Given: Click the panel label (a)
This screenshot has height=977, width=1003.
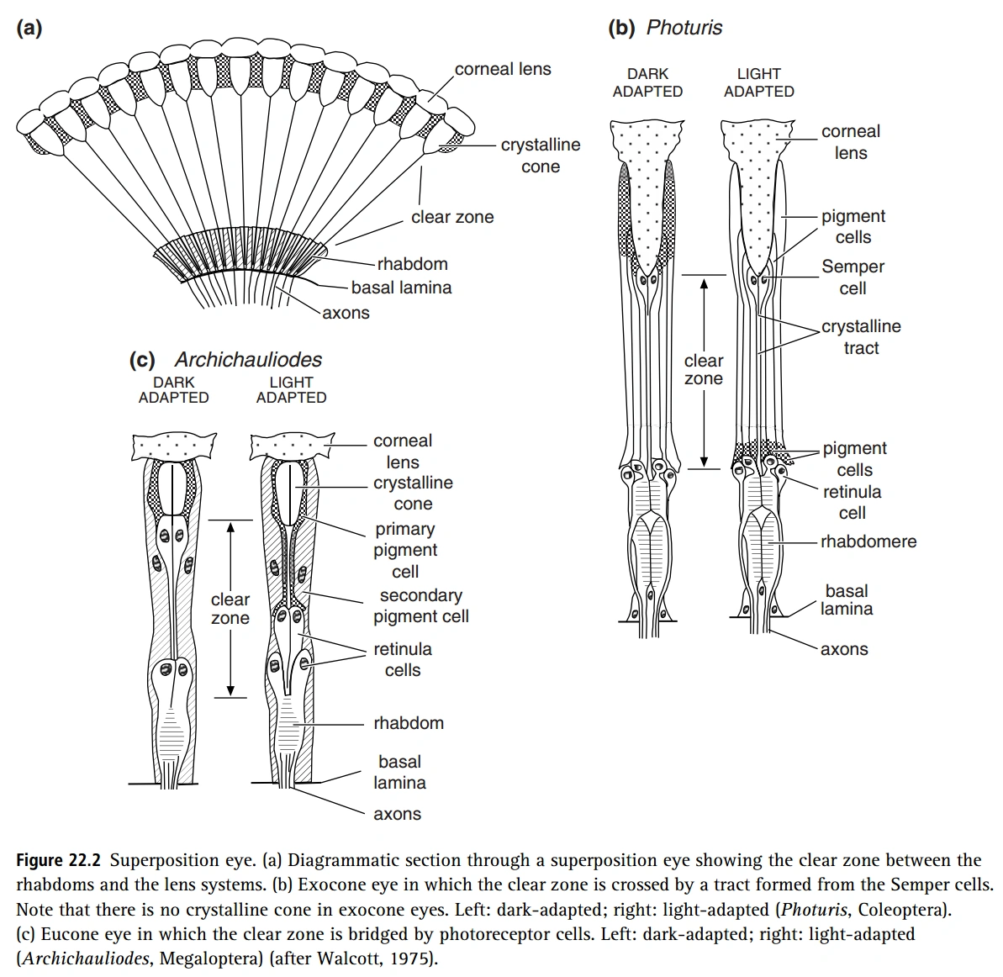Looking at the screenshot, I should click(29, 29).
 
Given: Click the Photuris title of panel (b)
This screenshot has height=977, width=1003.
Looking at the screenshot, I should click(684, 28).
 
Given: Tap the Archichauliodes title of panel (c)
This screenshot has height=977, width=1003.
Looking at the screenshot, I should click(248, 360).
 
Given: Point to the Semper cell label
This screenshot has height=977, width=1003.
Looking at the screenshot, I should click(853, 277).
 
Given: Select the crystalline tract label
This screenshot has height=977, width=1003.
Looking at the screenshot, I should click(861, 337).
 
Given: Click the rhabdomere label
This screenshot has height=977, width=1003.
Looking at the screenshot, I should click(868, 541).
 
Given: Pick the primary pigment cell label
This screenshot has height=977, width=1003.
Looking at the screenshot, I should click(405, 550).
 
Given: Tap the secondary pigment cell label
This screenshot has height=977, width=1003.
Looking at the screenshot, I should click(421, 605).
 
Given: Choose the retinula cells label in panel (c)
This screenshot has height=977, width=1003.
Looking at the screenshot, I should click(403, 659).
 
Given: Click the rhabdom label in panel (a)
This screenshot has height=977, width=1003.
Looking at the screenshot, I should click(412, 264).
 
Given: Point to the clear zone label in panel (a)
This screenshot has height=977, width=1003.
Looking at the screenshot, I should click(452, 217).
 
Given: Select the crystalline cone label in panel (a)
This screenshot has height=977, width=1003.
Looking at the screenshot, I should click(541, 156).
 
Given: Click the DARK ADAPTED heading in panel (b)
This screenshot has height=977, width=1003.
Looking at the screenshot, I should click(647, 82).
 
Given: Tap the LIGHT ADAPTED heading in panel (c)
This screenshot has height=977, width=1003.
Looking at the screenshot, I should click(291, 389).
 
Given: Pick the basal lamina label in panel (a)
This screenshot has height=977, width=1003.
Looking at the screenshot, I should click(401, 288).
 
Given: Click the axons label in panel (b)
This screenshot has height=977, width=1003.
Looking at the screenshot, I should click(844, 649).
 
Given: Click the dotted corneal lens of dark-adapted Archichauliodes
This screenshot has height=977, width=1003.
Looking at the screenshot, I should click(174, 445).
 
